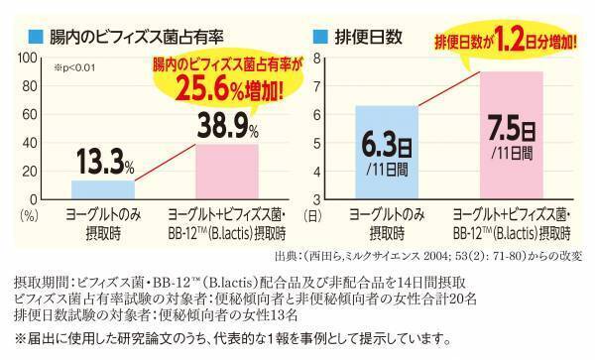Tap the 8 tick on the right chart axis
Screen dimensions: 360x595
(317, 60)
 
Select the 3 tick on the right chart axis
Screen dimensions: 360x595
(317, 198)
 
